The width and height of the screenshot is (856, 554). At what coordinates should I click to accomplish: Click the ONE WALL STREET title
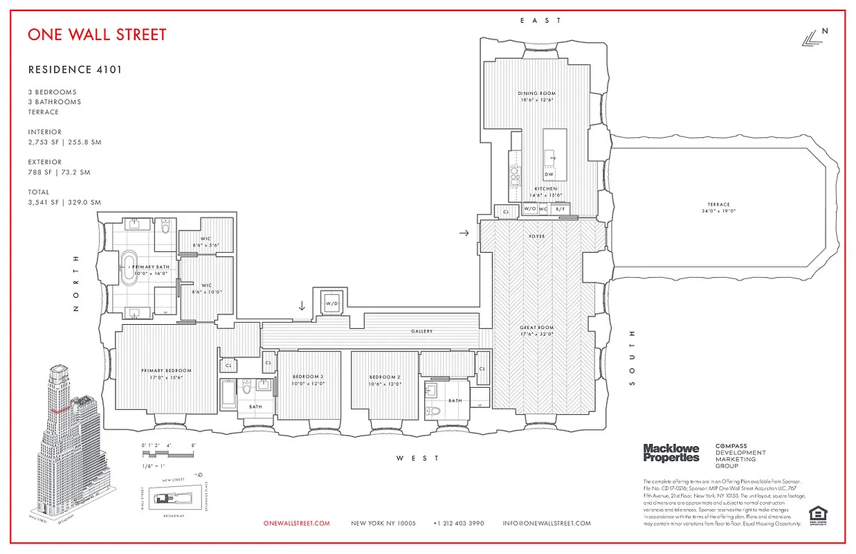click(x=97, y=35)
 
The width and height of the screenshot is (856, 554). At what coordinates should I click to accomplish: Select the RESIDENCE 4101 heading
click(x=75, y=70)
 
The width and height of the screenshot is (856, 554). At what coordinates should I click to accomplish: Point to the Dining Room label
click(x=537, y=93)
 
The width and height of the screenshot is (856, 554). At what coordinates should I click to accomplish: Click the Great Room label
click(x=537, y=330)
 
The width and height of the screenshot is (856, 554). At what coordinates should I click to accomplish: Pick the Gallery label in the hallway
click(x=421, y=332)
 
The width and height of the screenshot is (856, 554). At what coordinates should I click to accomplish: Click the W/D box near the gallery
click(x=331, y=303)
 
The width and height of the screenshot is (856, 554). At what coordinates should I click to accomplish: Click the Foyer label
click(x=537, y=237)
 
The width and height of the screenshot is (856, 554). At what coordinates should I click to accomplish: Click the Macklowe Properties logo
click(x=671, y=453)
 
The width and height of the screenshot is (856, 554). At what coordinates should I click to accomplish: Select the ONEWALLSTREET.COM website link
click(x=297, y=524)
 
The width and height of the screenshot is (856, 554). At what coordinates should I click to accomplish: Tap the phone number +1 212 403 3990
click(x=458, y=524)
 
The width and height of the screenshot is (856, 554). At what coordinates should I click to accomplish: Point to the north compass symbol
click(x=813, y=38)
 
